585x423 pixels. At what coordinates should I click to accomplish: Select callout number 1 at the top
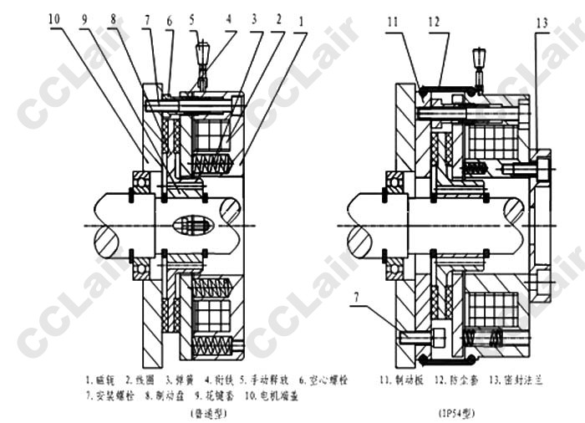[300, 18]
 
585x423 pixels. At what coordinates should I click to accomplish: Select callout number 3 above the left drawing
[255, 18]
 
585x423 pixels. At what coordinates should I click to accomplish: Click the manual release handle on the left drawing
[201, 54]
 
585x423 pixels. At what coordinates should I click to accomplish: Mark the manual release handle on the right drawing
[479, 62]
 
